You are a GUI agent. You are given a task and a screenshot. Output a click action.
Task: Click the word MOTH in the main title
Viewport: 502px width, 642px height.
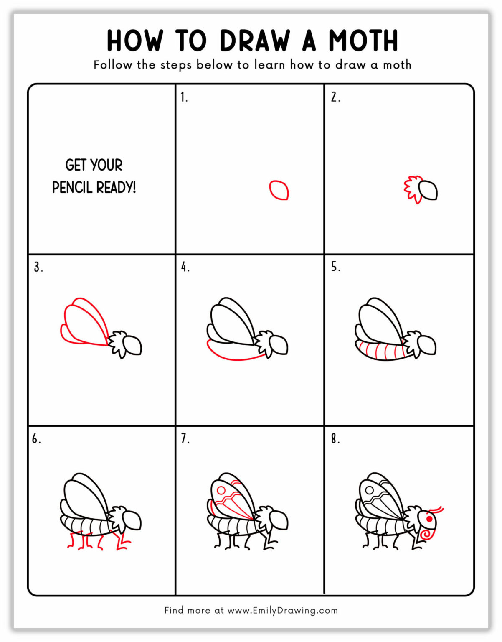(363, 41)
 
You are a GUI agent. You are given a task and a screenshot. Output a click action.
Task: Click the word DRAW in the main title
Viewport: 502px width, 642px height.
(254, 41)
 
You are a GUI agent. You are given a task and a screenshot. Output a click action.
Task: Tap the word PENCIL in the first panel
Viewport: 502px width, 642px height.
(72, 187)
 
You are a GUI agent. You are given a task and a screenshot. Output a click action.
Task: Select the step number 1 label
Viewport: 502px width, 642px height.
(184, 97)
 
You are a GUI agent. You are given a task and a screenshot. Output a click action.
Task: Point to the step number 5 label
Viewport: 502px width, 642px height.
(335, 267)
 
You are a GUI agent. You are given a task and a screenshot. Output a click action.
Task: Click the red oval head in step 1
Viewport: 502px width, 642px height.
(279, 190)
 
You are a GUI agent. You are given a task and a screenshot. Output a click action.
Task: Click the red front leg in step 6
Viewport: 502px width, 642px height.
(121, 542)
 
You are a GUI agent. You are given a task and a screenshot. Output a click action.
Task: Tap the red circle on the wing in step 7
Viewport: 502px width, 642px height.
(221, 490)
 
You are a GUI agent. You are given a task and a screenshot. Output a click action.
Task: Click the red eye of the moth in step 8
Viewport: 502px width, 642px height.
(429, 519)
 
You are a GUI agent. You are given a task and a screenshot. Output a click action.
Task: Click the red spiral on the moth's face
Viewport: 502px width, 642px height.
(426, 534)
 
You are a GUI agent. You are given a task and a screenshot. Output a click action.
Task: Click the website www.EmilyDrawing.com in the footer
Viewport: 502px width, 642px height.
(282, 610)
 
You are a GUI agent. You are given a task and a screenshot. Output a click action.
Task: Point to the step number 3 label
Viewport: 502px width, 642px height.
(38, 267)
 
